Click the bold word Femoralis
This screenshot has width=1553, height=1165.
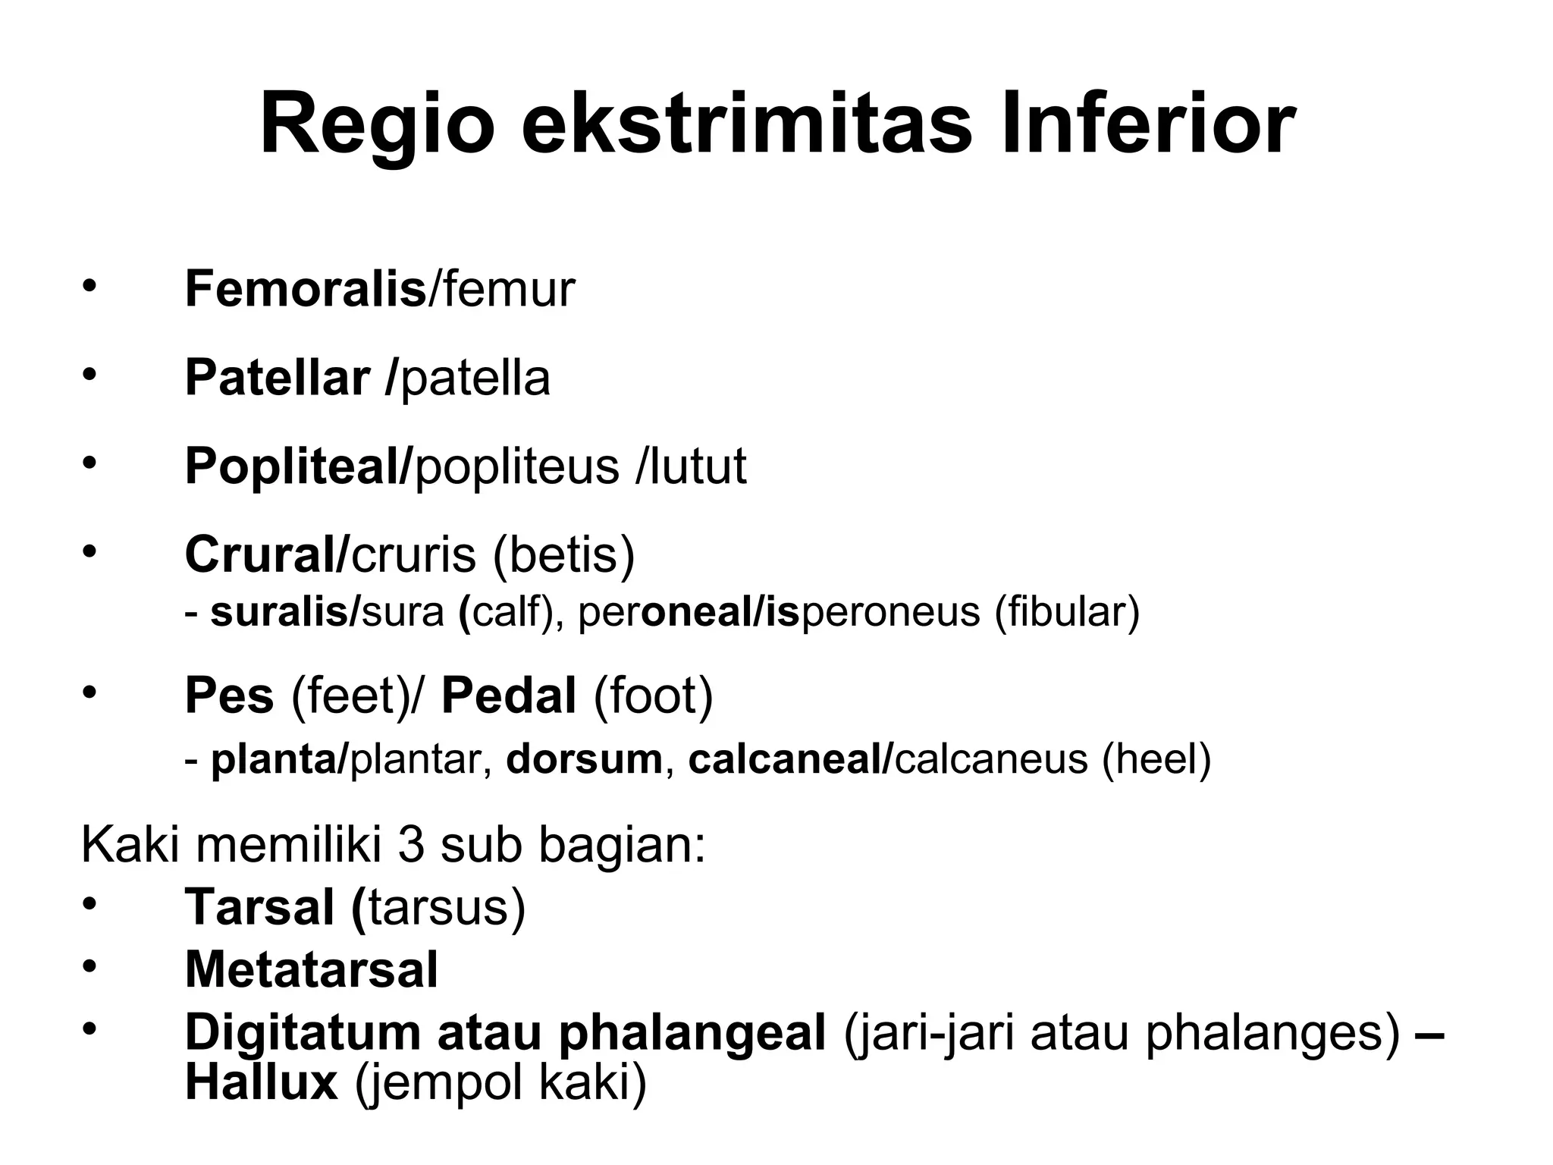coord(305,290)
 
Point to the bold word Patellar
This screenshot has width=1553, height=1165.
coord(278,378)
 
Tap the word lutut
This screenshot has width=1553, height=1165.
coord(698,466)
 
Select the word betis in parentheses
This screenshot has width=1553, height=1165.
coord(564,555)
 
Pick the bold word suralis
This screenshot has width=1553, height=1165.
coord(278,612)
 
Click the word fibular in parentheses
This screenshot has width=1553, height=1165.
coord(1066,612)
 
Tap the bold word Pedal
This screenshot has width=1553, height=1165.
coord(509,696)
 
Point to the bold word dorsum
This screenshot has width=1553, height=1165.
coord(584,760)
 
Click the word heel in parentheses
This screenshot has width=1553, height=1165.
coord(1156,760)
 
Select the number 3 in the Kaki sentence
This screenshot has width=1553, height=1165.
coord(411,845)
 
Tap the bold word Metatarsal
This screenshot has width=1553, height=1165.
coord(311,970)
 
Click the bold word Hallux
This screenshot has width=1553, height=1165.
coord(261,1083)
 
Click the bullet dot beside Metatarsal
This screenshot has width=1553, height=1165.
coord(89,966)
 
